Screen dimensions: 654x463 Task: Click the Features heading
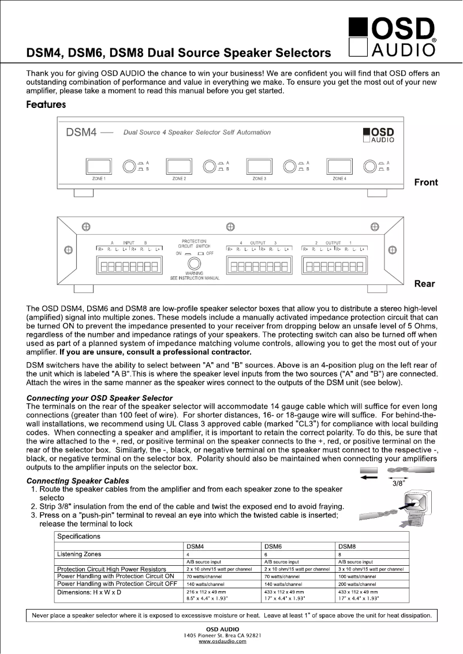pos(46,104)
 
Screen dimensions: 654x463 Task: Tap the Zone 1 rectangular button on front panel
pos(98,166)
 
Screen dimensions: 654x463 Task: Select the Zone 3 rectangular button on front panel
pos(259,166)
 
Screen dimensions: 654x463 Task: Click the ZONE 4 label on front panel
pos(339,179)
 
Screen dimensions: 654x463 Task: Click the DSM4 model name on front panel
pos(80,132)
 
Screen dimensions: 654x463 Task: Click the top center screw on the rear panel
pos(230,226)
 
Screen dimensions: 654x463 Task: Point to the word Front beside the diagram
pos(426,182)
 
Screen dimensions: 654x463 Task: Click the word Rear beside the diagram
pos(425,284)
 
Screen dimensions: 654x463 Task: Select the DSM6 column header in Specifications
pos(273,546)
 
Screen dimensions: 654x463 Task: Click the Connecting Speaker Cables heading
pos(78,480)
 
